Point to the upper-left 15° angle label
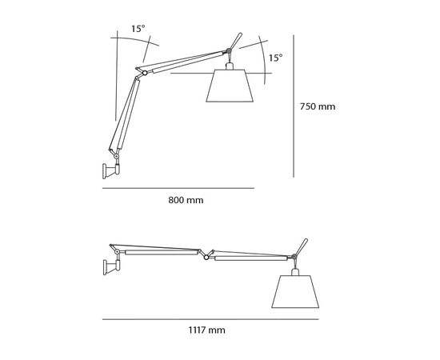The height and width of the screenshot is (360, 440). coord(138,29)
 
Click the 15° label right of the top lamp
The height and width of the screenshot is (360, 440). coord(274,58)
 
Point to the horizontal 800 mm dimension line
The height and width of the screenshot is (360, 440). coord(178,187)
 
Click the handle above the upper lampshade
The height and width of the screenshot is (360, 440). coord(234,41)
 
